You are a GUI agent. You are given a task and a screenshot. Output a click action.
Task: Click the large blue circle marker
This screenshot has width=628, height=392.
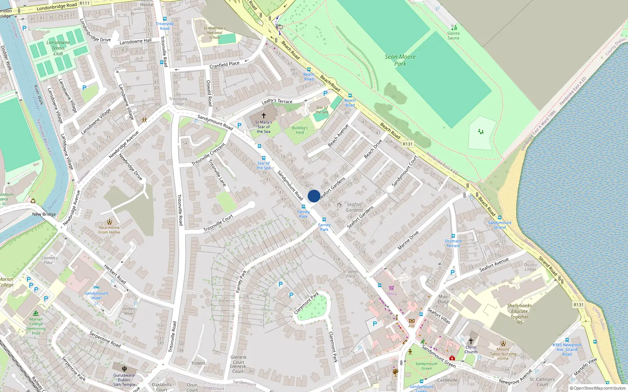(314, 196)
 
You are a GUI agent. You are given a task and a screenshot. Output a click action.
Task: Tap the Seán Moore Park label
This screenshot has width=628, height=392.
(400, 60)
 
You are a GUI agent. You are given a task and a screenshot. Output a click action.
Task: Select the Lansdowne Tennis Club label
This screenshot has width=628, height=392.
(58, 48)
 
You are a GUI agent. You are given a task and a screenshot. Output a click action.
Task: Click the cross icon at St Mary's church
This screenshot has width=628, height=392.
(263, 116)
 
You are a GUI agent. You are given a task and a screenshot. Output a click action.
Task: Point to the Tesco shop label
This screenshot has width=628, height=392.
(392, 294)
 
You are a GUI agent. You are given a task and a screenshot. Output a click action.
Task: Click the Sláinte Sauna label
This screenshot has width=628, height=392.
(453, 36)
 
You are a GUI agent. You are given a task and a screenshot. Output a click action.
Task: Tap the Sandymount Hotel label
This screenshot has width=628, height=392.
(96, 296)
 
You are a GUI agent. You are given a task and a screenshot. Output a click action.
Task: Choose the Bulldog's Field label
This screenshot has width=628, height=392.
(299, 130)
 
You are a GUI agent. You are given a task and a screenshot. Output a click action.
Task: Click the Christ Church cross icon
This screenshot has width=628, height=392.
(471, 341)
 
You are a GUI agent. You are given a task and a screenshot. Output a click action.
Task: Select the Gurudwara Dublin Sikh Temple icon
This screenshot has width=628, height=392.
(124, 368)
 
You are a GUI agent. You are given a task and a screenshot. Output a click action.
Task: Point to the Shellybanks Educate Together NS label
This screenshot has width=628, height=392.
(519, 314)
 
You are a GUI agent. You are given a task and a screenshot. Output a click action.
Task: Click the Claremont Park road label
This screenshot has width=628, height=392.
(306, 303)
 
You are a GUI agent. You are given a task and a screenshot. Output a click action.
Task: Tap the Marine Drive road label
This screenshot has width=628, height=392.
(408, 240)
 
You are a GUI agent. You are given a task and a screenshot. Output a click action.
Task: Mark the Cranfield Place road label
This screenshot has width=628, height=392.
(224, 65)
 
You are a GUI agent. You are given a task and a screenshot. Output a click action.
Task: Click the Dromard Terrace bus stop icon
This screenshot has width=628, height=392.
(453, 236)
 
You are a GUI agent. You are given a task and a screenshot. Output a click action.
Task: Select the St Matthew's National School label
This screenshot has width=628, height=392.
(214, 33)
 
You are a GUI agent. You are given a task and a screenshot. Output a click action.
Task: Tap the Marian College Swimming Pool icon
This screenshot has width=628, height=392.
(36, 314)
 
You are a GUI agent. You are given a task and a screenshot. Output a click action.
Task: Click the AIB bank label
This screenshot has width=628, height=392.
(411, 326)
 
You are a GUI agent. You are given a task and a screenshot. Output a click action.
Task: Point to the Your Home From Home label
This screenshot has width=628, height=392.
(109, 230)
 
